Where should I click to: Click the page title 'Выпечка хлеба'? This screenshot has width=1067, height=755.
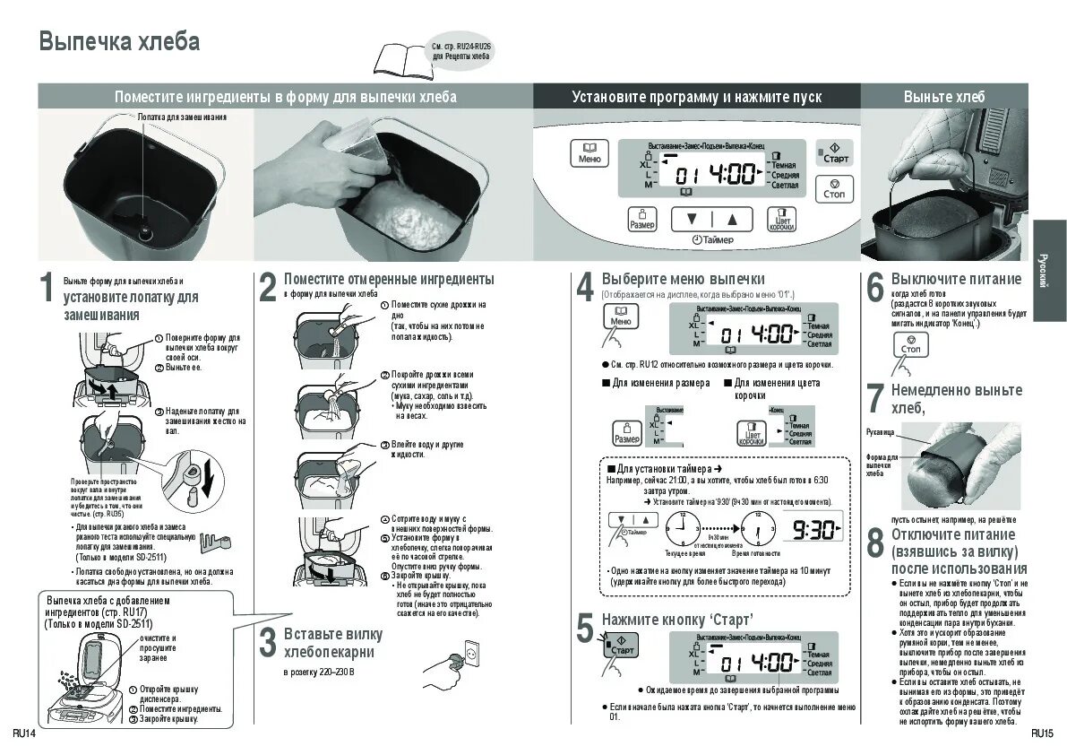119,42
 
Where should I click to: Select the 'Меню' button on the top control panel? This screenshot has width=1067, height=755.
589,152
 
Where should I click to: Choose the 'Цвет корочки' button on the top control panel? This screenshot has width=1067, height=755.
781,219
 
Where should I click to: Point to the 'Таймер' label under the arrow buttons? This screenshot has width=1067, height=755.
714,239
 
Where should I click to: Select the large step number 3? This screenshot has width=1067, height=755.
267,642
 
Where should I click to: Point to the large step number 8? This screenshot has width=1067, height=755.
875,543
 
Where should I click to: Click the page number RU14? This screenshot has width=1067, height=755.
24,733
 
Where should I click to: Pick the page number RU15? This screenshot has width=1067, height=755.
1041,733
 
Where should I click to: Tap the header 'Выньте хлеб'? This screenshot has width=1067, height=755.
943,97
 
